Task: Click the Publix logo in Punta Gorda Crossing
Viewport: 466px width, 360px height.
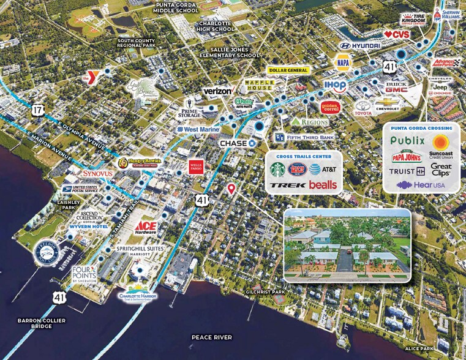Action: (407, 141)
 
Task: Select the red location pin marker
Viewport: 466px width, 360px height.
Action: (231, 189)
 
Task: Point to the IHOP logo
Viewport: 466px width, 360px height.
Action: (335, 85)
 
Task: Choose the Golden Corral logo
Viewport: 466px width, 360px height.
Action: (331, 108)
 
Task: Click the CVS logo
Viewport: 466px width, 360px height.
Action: (396, 34)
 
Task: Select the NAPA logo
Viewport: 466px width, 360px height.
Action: (343, 62)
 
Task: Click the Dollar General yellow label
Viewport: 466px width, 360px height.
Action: (287, 70)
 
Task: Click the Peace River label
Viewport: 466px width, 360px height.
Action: (211, 337)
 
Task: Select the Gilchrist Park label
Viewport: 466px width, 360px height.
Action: (267, 292)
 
